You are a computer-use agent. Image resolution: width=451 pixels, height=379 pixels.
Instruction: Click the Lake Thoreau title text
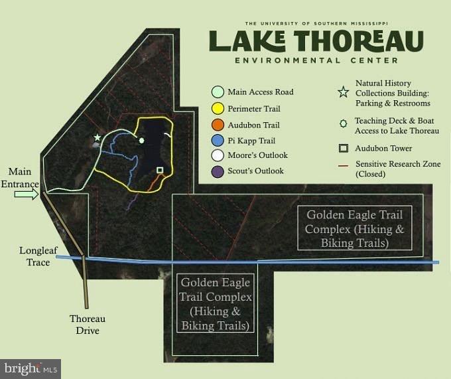316,40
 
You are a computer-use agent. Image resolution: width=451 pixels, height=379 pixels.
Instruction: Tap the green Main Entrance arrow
27,194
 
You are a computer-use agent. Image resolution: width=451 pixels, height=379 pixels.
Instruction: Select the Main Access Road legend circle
218,92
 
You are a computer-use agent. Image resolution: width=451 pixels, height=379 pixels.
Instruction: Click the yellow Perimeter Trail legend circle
218,108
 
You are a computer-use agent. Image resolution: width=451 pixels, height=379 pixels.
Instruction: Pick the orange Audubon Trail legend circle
218,125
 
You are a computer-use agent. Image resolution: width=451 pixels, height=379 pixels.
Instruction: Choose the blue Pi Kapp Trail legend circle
218,141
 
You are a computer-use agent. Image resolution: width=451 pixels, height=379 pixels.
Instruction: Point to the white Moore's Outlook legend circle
218,156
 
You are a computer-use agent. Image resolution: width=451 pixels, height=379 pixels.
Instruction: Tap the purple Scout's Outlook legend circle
218,171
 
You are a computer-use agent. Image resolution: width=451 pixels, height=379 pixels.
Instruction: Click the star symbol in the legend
343,93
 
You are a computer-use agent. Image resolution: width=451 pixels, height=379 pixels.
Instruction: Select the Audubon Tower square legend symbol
343,149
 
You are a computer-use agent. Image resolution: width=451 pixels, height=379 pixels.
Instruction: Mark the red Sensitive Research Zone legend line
343,163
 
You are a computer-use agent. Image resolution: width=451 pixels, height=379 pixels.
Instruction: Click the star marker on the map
97,137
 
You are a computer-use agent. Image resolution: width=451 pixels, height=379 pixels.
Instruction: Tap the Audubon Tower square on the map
159,171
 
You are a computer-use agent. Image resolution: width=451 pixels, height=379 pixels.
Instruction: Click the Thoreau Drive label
88,325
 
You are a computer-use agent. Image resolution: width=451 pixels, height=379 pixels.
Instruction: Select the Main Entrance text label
20,178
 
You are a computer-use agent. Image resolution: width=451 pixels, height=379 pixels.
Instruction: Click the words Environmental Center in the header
316,60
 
